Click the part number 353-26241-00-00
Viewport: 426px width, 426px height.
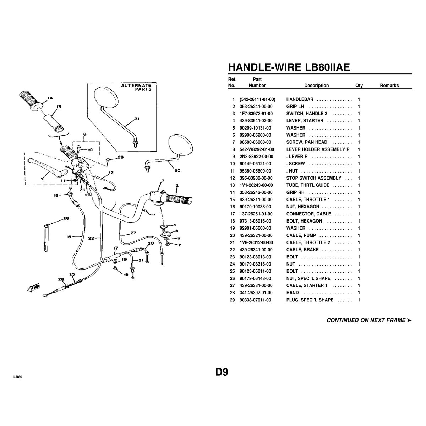[256, 106]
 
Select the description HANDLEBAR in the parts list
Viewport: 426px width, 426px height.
[300, 99]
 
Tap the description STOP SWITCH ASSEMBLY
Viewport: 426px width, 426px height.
[314, 178]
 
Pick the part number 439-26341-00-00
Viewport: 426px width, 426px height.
[256, 250]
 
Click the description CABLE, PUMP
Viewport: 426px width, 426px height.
[301, 235]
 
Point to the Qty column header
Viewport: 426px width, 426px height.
[359, 86]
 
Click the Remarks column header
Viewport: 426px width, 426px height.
[389, 86]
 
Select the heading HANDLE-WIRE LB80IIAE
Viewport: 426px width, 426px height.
[289, 67]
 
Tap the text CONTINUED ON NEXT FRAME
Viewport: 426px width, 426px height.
[366, 320]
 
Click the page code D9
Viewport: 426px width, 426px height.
[222, 372]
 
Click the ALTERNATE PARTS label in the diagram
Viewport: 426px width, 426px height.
[137, 87]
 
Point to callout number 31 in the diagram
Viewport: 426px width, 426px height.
[137, 119]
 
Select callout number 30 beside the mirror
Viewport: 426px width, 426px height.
[177, 170]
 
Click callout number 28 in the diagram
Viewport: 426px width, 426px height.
[66, 218]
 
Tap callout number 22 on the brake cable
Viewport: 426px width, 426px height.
[91, 238]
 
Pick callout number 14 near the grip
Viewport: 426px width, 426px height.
[50, 98]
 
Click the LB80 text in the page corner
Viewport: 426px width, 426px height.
[18, 377]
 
